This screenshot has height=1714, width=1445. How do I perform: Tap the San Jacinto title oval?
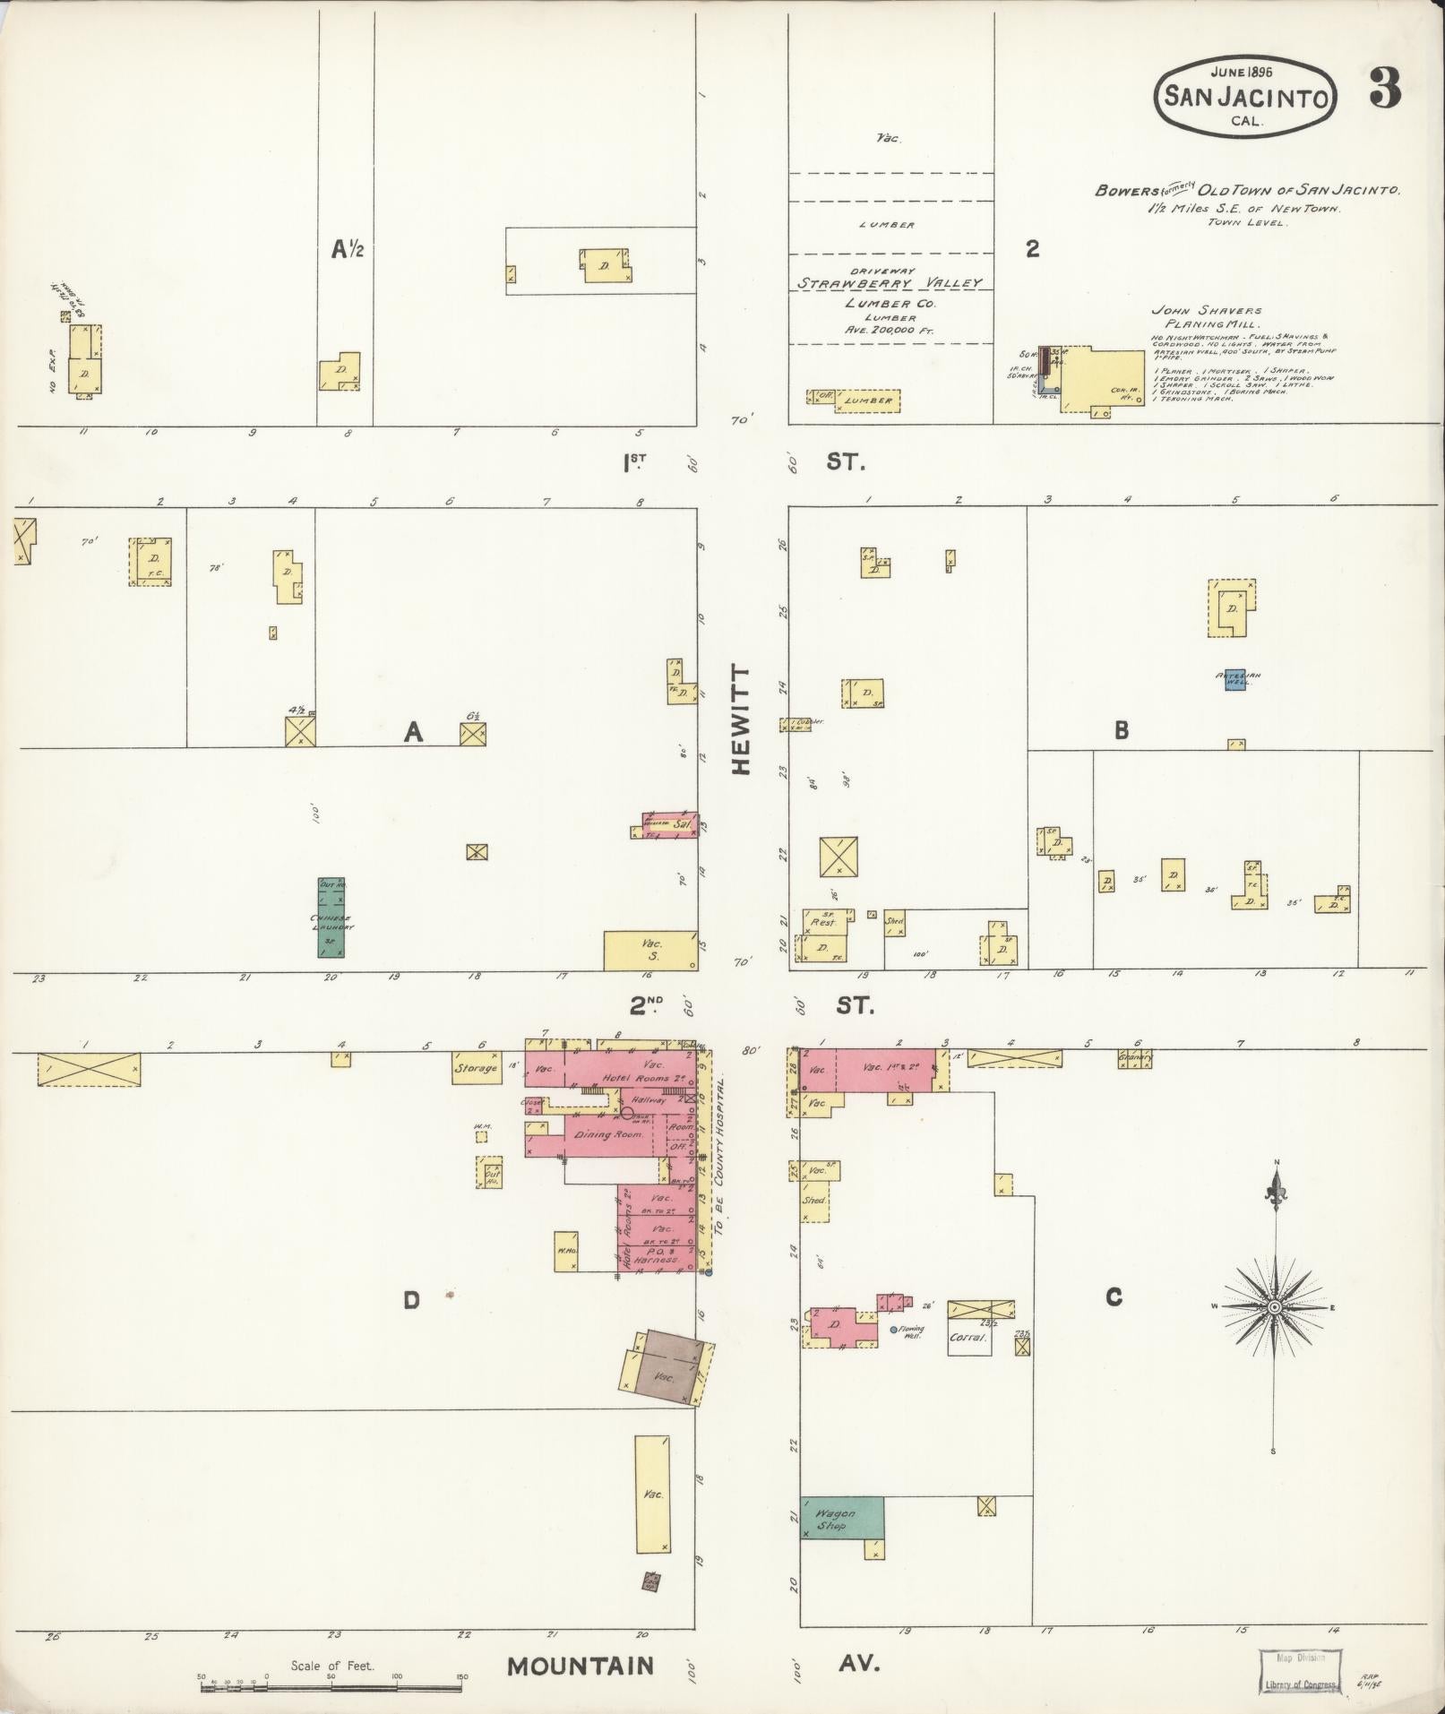tap(1246, 96)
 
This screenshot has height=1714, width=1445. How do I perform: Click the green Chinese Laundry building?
tap(331, 917)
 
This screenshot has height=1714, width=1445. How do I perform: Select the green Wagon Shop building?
tap(841, 1517)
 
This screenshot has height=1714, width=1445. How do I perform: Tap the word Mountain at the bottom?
tap(581, 1666)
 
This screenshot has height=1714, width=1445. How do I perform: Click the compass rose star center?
tap(1274, 1307)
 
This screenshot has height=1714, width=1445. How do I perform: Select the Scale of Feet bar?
tap(331, 1686)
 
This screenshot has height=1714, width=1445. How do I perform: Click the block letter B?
tap(1121, 730)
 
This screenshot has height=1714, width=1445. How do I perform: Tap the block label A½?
tap(347, 250)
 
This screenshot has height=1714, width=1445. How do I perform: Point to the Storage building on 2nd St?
tap(476, 1068)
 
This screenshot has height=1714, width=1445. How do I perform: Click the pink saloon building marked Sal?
tap(670, 825)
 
